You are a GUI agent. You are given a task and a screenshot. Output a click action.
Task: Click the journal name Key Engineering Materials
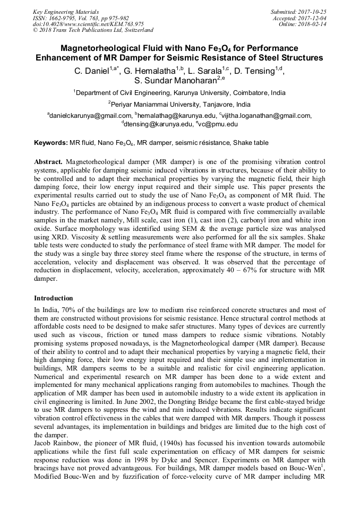(x=65, y=11)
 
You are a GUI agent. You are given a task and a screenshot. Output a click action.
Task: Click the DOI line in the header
(x=88, y=24)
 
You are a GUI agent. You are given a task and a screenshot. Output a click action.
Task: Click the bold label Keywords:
(x=51, y=143)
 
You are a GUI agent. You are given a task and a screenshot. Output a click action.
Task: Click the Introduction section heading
(x=53, y=298)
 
